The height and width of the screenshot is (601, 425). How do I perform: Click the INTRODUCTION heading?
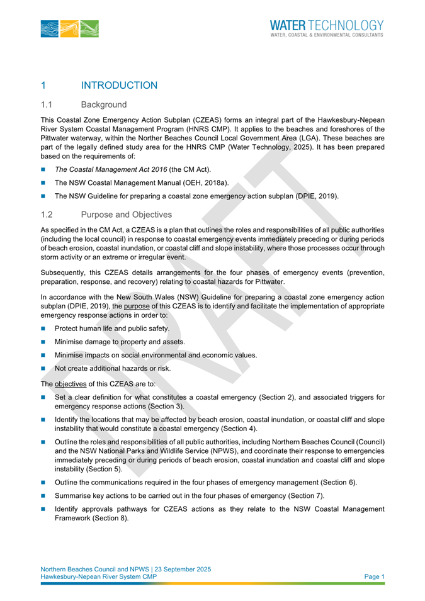[119, 85]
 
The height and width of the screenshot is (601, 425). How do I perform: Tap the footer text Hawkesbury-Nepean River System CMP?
[105, 576]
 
